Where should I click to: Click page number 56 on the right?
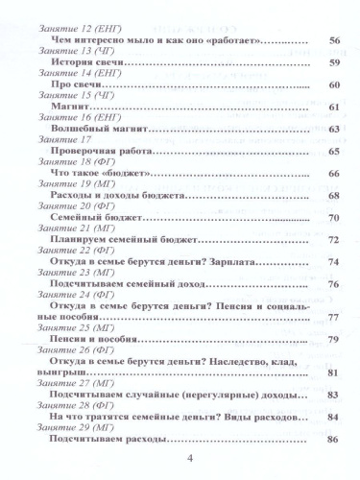pyautogui.click(x=335, y=41)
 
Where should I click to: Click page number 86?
pyautogui.click(x=335, y=439)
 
